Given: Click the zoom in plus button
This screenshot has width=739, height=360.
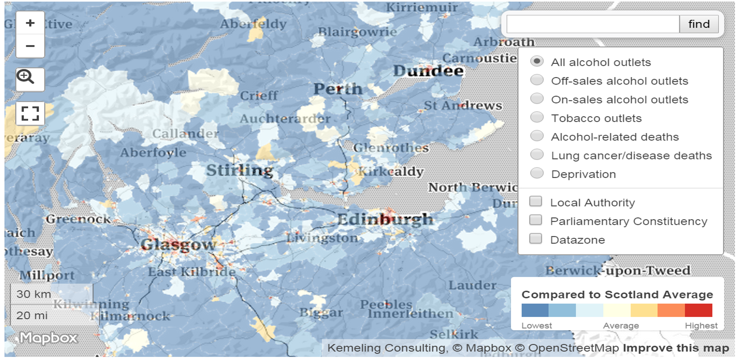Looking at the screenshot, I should [x=30, y=23].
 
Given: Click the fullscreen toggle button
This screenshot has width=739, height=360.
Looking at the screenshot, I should [x=30, y=113].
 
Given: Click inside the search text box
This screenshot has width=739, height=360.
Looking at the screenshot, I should [x=593, y=24].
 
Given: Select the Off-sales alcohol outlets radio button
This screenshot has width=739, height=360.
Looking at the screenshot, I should [x=537, y=80].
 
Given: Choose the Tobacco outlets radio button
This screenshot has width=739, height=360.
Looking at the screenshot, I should [x=537, y=118].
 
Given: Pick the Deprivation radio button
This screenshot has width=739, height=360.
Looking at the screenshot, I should [x=537, y=173].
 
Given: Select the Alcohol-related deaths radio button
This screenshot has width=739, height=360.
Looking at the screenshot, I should [x=537, y=136].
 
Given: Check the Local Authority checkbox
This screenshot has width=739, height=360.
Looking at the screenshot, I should [x=536, y=201].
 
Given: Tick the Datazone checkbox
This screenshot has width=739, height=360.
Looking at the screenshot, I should [x=536, y=239].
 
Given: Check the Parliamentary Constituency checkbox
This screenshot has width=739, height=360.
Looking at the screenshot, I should [x=536, y=220].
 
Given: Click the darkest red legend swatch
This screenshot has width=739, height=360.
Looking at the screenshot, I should [x=698, y=310].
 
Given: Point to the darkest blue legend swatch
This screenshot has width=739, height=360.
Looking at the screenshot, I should [x=535, y=310].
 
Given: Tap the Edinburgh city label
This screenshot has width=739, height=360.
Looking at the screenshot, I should [x=385, y=219].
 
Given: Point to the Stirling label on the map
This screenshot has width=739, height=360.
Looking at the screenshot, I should [x=240, y=170].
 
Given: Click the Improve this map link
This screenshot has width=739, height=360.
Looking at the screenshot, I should [x=676, y=348].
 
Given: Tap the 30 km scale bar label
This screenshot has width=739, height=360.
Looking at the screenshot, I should [x=34, y=294].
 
